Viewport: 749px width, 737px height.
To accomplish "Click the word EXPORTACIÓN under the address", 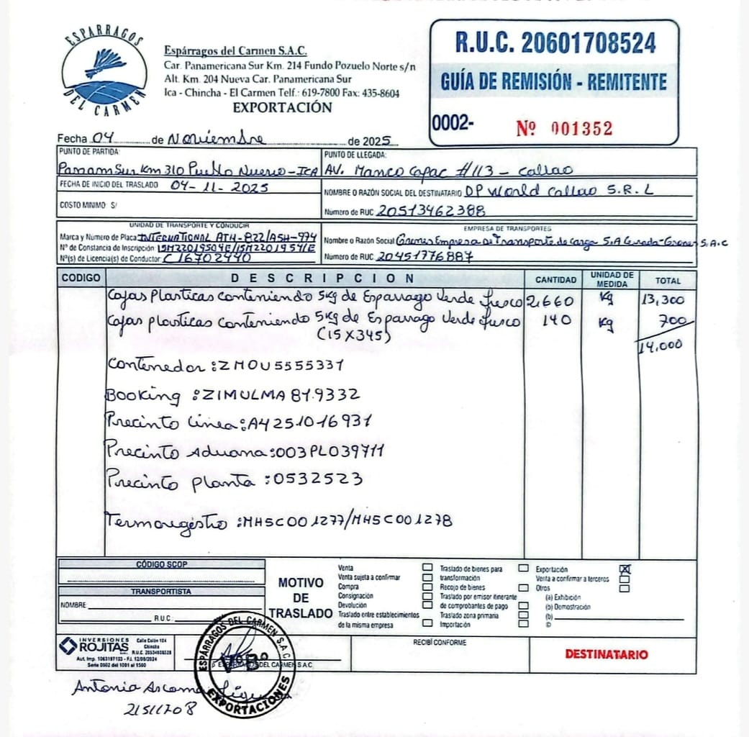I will [282, 108].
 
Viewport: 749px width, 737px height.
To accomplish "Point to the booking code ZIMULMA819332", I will [281, 394].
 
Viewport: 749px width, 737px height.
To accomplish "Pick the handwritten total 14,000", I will [661, 345].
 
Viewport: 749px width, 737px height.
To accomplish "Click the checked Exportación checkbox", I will [625, 569].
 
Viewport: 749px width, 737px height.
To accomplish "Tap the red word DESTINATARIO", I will [606, 654].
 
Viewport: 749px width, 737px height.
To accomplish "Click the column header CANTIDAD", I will [555, 279].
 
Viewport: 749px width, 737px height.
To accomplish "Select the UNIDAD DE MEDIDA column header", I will [612, 279].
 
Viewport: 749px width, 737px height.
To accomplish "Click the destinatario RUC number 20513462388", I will [430, 211].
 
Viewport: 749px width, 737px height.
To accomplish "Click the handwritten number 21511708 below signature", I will [160, 708].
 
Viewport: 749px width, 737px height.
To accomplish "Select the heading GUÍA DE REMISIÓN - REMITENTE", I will [553, 81].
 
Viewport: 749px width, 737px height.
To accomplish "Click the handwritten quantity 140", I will [553, 320].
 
